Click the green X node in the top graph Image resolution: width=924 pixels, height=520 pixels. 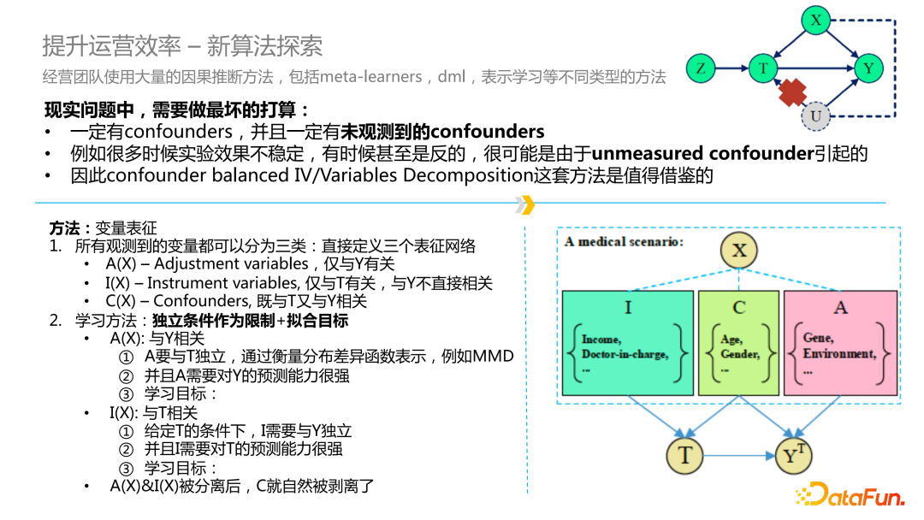pyautogui.click(x=816, y=19)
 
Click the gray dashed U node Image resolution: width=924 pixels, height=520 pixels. pyautogui.click(x=815, y=115)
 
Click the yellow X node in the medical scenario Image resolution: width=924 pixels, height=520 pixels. pyautogui.click(x=739, y=250)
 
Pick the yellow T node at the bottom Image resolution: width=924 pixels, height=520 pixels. pyautogui.click(x=684, y=455)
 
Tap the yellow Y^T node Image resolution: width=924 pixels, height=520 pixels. pyautogui.click(x=794, y=455)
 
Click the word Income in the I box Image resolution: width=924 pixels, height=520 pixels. pyautogui.click(x=601, y=340)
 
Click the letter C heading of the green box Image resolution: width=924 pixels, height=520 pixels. pyautogui.click(x=738, y=307)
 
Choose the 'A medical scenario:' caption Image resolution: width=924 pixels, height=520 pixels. pyautogui.click(x=624, y=242)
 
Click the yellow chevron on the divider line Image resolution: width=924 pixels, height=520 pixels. pyautogui.click(x=526, y=204)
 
